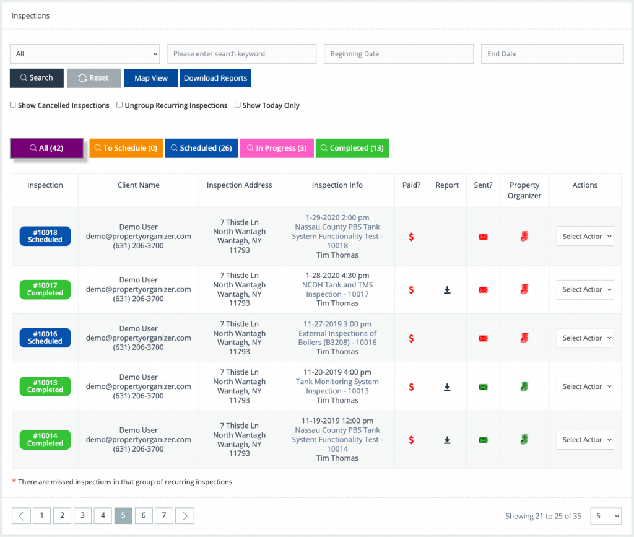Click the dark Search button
(x=37, y=78)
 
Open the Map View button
(x=151, y=78)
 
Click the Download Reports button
(x=215, y=78)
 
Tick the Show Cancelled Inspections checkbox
(x=13, y=105)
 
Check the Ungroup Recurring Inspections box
(x=119, y=105)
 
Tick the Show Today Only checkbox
(x=238, y=105)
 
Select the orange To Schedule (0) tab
(x=126, y=148)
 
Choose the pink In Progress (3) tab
(x=276, y=148)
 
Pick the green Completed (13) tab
(x=352, y=148)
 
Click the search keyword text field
(x=241, y=54)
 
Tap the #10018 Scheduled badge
(x=45, y=236)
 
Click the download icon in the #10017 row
(x=447, y=290)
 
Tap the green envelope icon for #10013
(x=483, y=387)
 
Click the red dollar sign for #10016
(x=411, y=338)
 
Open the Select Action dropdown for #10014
(x=584, y=440)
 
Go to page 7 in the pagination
(x=163, y=515)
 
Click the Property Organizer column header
(x=524, y=190)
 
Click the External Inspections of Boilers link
(x=337, y=338)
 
